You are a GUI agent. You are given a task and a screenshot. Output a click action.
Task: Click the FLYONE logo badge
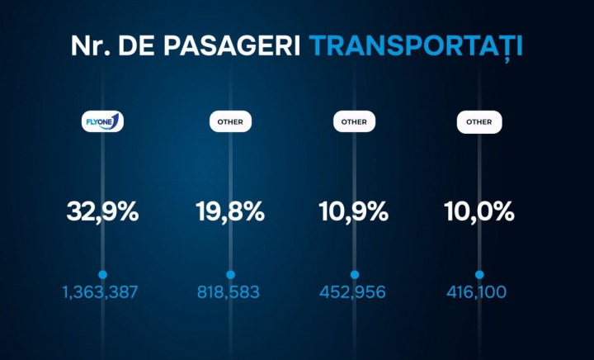[x=102, y=121]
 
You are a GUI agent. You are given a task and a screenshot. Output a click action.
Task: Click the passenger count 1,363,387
[x=100, y=291]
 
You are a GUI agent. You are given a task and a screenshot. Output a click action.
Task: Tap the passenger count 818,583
[x=229, y=291]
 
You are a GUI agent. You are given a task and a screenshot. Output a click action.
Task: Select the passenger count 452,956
[x=354, y=291]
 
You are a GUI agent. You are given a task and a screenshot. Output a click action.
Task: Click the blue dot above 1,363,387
[x=102, y=274]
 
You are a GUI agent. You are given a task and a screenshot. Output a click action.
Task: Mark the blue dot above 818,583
[x=230, y=274]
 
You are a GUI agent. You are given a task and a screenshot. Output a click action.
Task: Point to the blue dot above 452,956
[x=355, y=274]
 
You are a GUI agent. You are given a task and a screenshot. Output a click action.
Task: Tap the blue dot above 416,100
[x=479, y=274]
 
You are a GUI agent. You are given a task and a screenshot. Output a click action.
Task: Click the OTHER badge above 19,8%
[x=230, y=121]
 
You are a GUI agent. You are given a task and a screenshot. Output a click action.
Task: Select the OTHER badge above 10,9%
[x=355, y=121]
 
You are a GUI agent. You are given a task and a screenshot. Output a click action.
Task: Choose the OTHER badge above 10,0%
[x=479, y=121]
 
